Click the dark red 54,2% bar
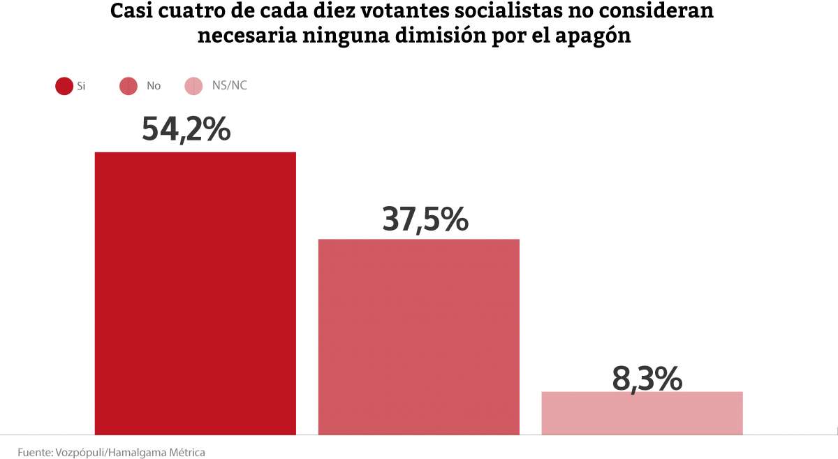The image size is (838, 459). (196, 293)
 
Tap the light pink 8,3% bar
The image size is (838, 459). (642, 413)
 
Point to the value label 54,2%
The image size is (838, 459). (186, 129)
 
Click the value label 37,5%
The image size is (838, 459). (425, 219)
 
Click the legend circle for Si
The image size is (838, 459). (64, 87)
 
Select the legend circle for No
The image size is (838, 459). (128, 87)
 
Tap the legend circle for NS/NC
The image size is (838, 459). (193, 87)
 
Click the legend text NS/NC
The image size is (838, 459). (230, 86)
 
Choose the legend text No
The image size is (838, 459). (154, 86)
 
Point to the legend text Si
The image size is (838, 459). (81, 86)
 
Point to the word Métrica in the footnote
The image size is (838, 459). (186, 453)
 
